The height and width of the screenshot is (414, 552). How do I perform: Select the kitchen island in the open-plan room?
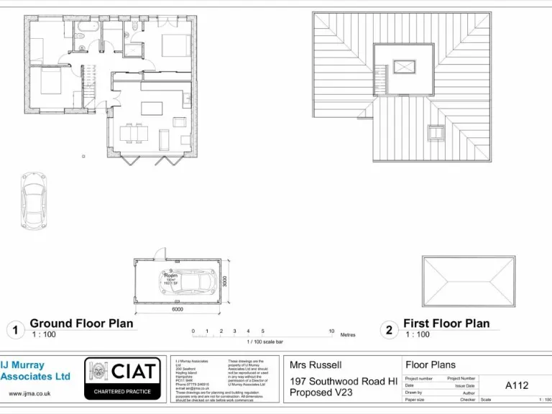(x=152, y=109)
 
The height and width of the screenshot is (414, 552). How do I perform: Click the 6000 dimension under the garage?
(x=177, y=310)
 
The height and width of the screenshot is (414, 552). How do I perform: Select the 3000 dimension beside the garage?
(x=224, y=281)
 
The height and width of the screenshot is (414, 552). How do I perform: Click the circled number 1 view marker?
(x=14, y=330)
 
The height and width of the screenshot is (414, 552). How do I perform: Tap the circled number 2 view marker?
(x=389, y=330)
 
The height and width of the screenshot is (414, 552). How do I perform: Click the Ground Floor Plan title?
(x=81, y=323)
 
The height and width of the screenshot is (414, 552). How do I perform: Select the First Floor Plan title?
(x=446, y=323)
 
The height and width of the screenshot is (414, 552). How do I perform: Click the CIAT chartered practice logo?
(x=121, y=378)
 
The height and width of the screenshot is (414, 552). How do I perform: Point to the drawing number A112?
(x=516, y=385)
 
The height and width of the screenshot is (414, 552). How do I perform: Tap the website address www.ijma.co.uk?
(x=29, y=394)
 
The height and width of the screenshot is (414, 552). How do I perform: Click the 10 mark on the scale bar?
(x=331, y=331)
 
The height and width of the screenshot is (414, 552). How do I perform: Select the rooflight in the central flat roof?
(x=405, y=67)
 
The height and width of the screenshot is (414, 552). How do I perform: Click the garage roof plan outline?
(x=469, y=282)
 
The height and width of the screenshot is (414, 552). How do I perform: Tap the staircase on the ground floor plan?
(x=89, y=83)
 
